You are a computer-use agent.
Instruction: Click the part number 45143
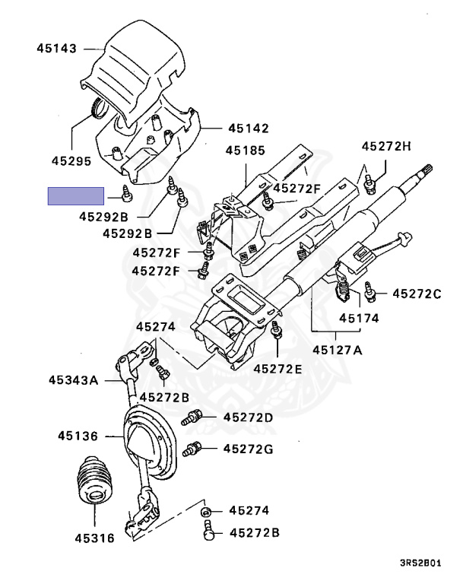coord(56,49)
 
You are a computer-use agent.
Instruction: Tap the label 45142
coord(249,129)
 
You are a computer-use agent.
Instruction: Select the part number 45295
coord(71,161)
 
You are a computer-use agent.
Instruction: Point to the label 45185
coord(245,151)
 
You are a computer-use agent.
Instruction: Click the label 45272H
coord(386,146)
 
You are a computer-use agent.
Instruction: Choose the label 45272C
coord(417,294)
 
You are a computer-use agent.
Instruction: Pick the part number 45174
coord(359,318)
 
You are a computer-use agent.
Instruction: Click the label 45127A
coord(337,350)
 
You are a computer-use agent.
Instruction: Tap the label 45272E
coord(277,369)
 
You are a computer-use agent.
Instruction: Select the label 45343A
coord(74,380)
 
